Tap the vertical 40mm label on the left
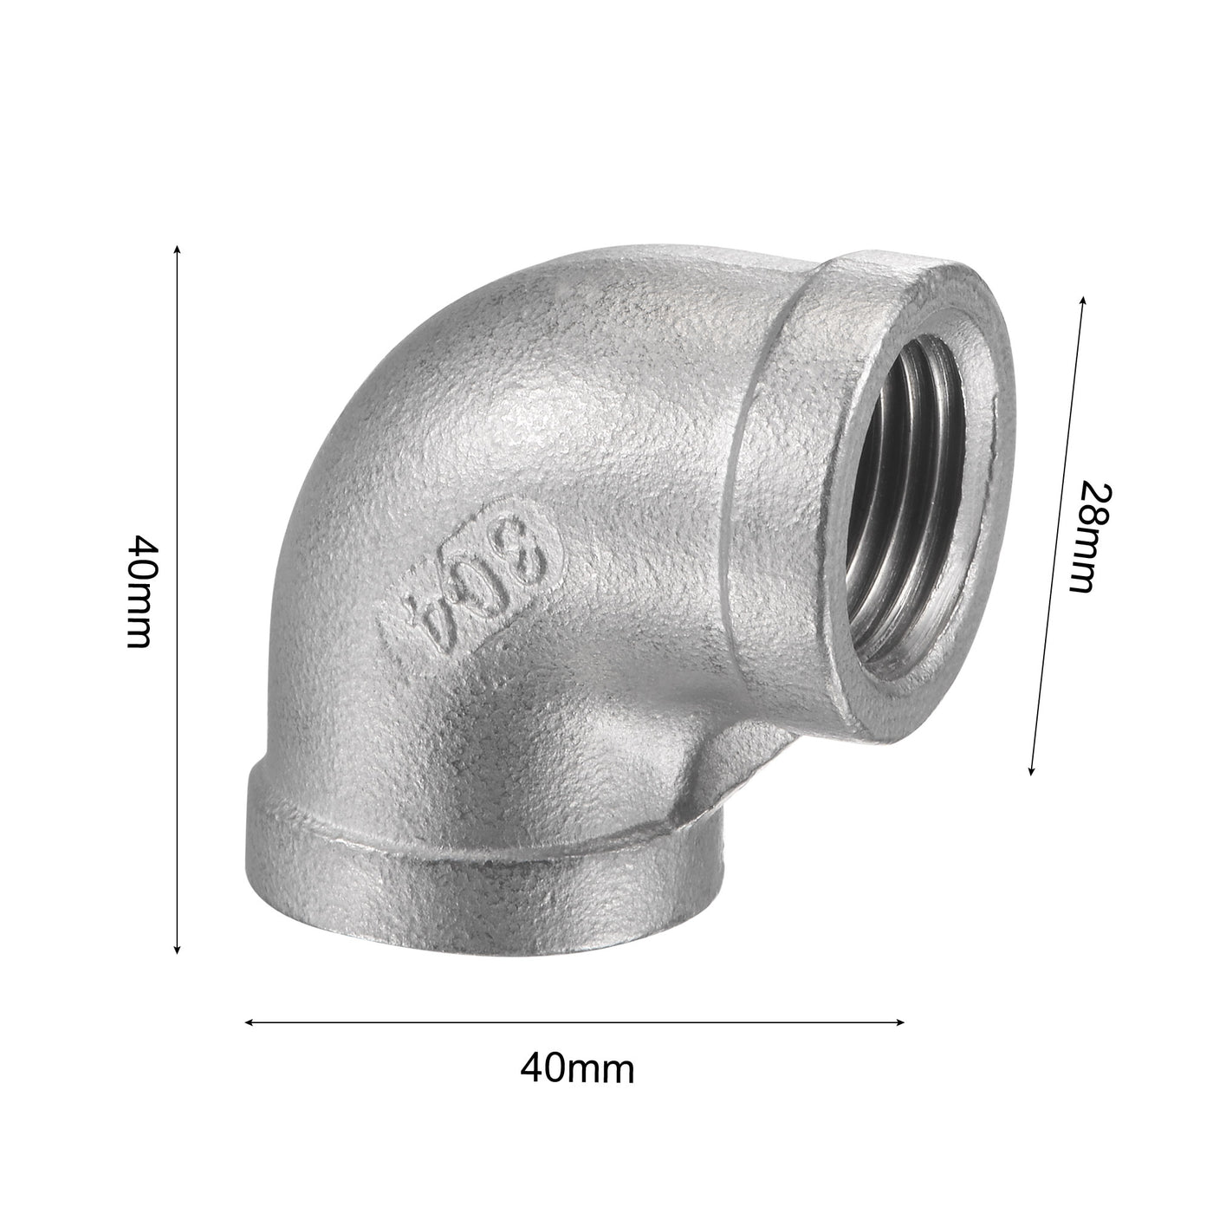[140, 593]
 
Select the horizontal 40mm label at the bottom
[577, 1069]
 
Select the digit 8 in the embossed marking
[530, 551]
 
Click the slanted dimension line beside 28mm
[1057, 537]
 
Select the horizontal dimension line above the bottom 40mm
[575, 1022]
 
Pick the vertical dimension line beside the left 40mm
[178, 598]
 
